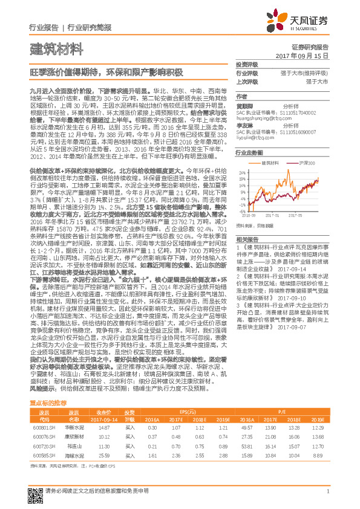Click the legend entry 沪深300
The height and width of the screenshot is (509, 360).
pyautogui.click(x=307, y=163)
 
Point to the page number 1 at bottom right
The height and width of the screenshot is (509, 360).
pyautogui.click(x=327, y=491)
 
